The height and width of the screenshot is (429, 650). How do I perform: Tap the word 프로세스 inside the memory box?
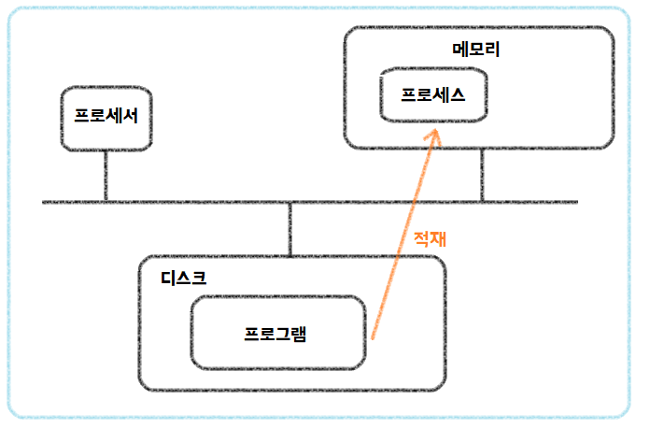(433, 94)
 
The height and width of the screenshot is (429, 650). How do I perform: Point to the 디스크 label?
(183, 277)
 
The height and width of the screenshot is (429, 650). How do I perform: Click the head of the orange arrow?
(435, 132)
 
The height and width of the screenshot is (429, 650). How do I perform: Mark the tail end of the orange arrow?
(372, 336)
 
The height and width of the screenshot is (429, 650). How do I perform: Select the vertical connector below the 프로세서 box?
(106, 176)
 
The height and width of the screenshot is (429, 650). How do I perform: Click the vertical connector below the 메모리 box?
(482, 176)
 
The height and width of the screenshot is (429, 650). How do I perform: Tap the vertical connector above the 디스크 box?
(290, 229)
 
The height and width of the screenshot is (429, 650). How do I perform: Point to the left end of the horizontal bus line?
(45, 202)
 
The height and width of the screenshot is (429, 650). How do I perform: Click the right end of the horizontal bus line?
(576, 202)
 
